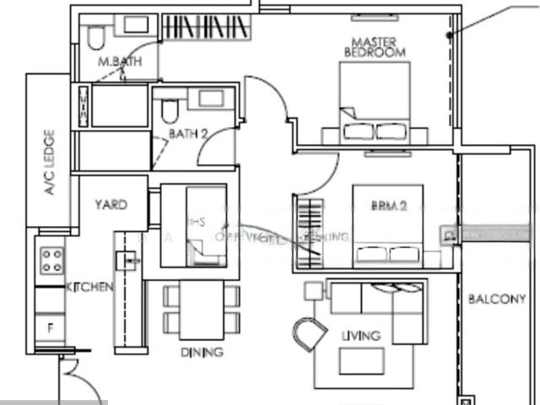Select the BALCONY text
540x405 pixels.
[x=496, y=299]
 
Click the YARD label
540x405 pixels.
[x=111, y=205]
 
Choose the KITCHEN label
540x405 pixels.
[x=89, y=288]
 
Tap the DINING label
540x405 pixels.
[x=202, y=352]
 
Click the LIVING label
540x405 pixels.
[x=360, y=335]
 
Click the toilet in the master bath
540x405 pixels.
[x=95, y=35]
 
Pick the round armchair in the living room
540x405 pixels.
[x=310, y=332]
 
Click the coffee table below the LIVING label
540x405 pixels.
[x=360, y=360]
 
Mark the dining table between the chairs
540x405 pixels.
[x=202, y=308]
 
